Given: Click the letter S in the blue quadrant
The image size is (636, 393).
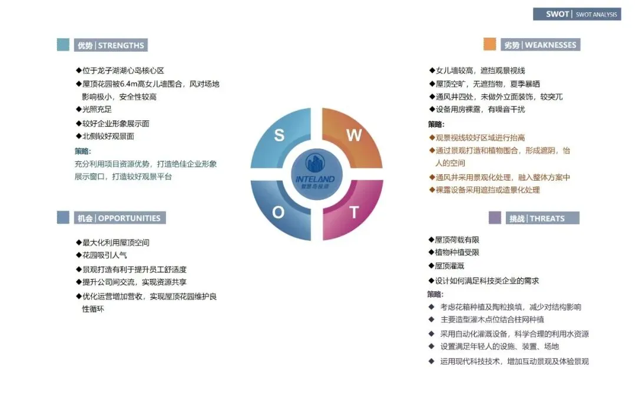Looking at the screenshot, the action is pos(279,135).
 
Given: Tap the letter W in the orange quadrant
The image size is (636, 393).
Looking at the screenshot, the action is pos(353,135).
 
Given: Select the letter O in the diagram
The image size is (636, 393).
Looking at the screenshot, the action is pos(279,212).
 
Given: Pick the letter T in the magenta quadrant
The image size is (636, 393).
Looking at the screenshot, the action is pos(354,212).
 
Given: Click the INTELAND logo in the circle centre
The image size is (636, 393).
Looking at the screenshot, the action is pos(316,174).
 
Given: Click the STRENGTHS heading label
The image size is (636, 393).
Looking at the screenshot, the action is pos(111,45).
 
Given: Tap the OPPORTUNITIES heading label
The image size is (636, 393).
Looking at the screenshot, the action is pos(119,218).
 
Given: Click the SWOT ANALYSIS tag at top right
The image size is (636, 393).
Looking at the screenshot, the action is pos(577,14).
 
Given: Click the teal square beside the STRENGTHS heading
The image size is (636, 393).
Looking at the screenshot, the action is pos(63,45).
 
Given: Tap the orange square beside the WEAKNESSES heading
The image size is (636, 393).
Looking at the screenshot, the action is pos(489,45).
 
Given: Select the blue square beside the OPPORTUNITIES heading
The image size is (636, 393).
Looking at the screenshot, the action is pos(63,218).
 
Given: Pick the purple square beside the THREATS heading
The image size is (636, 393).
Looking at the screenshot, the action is pos(495,218).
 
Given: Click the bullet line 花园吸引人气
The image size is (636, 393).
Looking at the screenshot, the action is pos(104,255).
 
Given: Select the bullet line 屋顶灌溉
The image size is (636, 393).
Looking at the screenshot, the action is pos(449,266).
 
